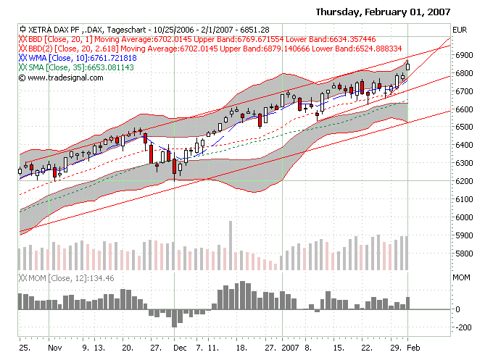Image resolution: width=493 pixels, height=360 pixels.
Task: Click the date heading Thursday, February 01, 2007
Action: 383,12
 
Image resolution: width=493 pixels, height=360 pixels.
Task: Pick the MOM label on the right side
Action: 460,277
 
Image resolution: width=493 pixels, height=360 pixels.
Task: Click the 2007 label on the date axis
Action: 290,348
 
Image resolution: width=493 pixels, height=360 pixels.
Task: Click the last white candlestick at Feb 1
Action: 408,66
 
